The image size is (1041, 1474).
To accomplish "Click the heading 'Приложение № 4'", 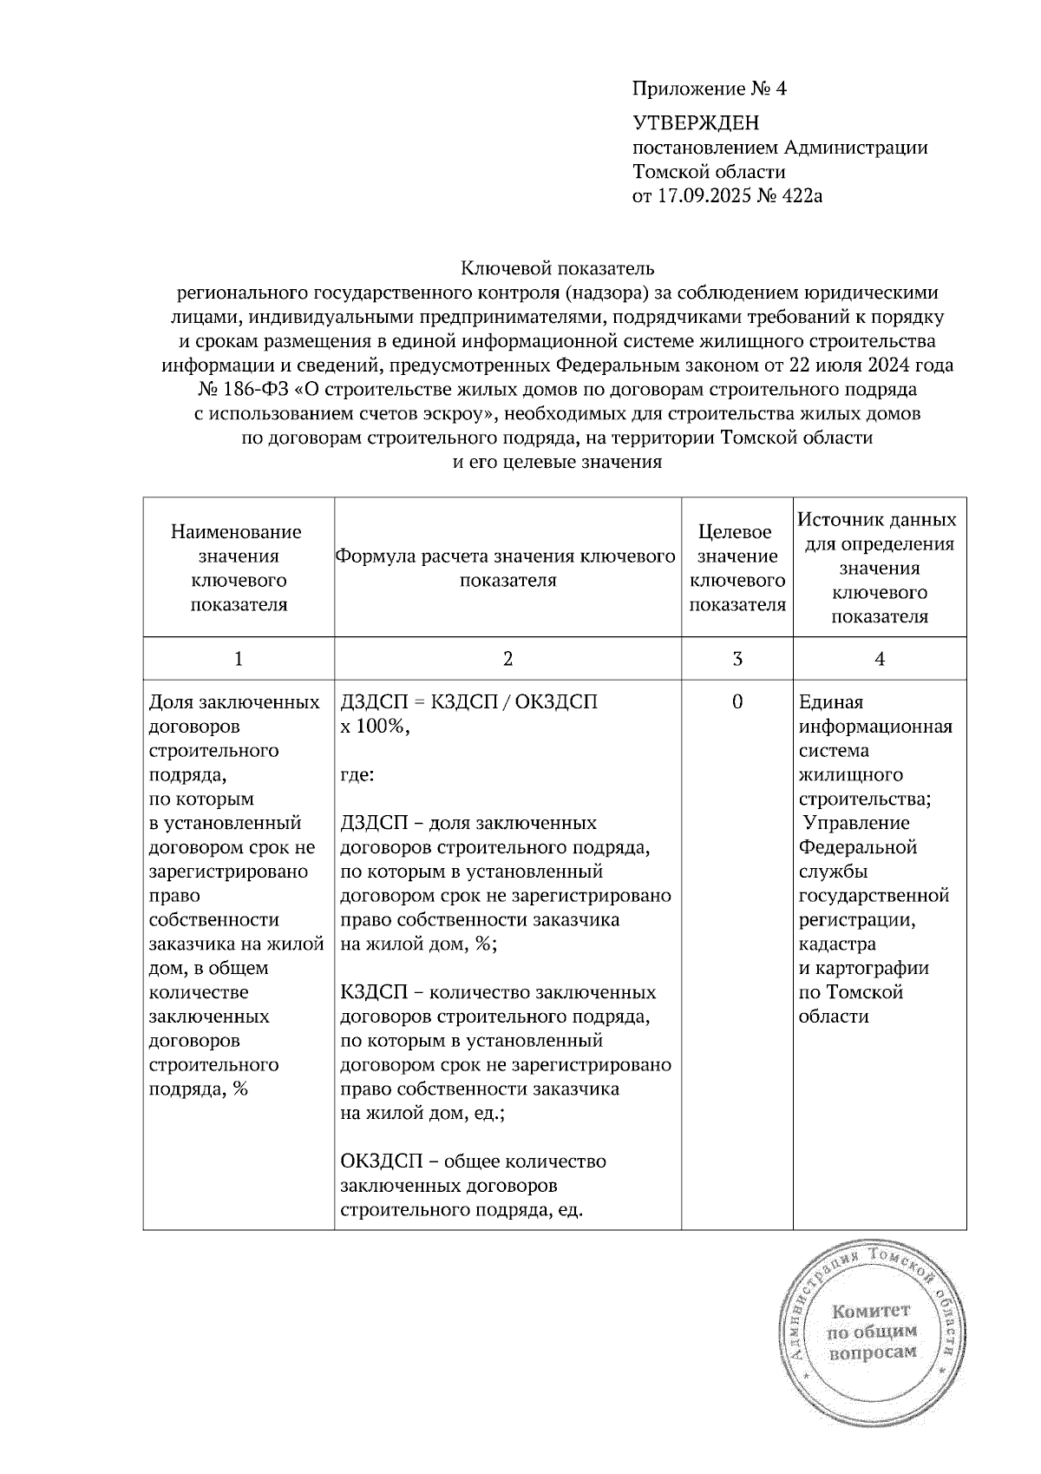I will click(x=709, y=89).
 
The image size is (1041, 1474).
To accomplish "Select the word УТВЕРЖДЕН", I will click(x=696, y=123).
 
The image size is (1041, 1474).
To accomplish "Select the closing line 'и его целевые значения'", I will click(x=558, y=463).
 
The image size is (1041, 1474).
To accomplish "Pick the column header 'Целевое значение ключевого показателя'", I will click(x=737, y=568).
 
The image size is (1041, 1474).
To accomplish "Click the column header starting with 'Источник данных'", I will click(x=879, y=568).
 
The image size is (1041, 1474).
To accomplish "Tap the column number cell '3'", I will click(x=737, y=659).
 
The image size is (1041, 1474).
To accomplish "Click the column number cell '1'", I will click(x=239, y=659).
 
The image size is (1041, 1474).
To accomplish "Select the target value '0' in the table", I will click(x=737, y=702).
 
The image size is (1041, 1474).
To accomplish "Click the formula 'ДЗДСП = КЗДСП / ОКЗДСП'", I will click(x=469, y=702).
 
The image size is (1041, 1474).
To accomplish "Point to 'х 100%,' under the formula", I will click(x=375, y=727).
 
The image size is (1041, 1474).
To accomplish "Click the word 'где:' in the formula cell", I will click(x=357, y=774).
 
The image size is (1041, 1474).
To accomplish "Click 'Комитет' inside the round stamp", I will click(x=871, y=1311).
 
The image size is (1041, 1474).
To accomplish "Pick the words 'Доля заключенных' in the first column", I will click(x=234, y=702).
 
